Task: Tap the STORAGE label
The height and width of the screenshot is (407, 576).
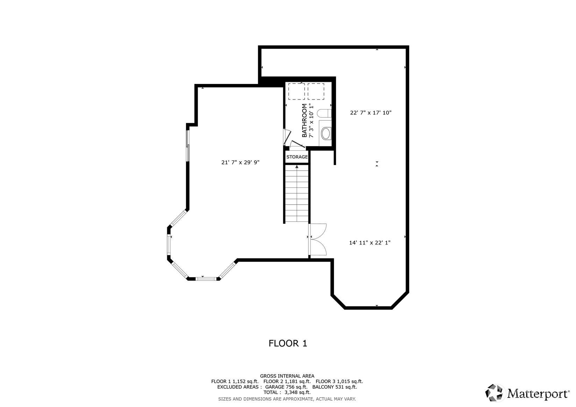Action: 297,157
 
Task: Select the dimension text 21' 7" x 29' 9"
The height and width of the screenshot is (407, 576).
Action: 240,162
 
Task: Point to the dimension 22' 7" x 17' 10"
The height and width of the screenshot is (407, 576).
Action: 371,113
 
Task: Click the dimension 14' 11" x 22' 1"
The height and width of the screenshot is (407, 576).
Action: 370,242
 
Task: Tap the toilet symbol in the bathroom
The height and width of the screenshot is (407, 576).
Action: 324,113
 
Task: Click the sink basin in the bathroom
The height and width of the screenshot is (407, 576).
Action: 326,134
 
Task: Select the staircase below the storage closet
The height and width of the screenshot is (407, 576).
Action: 297,194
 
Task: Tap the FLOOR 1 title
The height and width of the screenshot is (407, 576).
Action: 287,343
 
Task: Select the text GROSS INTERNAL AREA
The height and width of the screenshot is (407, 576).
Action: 287,376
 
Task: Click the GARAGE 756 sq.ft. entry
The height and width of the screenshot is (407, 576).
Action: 286,387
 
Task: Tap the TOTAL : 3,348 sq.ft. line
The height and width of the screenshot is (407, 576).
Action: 287,392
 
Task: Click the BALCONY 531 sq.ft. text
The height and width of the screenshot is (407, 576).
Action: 334,387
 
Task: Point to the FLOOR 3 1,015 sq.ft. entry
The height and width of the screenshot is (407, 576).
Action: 339,381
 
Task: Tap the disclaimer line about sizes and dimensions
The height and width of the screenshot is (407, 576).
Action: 287,399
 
